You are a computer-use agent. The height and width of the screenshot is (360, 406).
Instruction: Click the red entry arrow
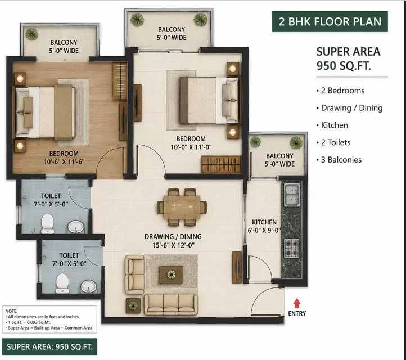[297, 303]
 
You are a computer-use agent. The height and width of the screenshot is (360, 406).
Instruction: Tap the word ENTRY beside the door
[297, 314]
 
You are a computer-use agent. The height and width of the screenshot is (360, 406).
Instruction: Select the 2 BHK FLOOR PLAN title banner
[330, 21]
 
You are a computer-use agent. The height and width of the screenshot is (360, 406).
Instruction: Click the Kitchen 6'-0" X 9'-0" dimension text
[264, 230]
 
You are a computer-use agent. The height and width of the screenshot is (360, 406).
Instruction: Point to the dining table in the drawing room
[182, 207]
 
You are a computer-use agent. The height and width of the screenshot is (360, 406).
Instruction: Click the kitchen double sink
[292, 195]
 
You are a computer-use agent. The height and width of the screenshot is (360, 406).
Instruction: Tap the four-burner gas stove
[292, 248]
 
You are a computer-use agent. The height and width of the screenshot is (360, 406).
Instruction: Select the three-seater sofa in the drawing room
[170, 304]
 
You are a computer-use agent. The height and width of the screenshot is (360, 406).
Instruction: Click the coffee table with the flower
[171, 274]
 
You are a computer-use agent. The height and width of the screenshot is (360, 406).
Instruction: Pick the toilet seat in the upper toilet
[48, 223]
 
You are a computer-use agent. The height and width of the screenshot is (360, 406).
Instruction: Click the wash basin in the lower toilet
[89, 286]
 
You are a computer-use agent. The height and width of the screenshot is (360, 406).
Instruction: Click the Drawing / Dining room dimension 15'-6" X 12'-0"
[173, 245]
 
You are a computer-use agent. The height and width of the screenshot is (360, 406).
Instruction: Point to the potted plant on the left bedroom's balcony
[32, 34]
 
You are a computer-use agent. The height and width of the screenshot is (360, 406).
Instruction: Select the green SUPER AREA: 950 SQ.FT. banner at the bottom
[49, 347]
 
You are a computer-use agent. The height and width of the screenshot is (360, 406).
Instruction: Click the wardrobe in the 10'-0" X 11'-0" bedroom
[222, 164]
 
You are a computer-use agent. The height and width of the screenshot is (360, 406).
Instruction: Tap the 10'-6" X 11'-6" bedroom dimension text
[64, 162]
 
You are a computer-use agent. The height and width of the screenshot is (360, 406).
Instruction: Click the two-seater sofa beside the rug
[134, 274]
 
